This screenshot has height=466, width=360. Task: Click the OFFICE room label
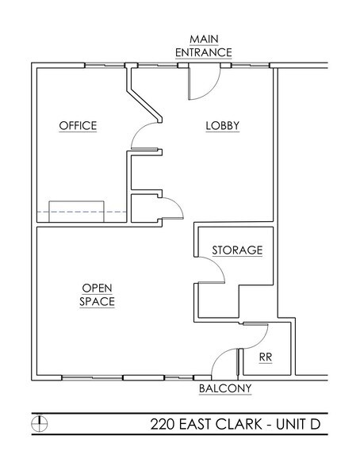(78, 126)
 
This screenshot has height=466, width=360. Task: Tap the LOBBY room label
(223, 126)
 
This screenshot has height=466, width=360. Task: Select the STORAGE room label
(236, 250)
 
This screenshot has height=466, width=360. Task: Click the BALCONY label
(224, 388)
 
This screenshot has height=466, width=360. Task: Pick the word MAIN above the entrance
(205, 39)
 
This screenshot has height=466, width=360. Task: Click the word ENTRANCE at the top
(205, 52)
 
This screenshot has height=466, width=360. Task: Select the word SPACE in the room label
(97, 302)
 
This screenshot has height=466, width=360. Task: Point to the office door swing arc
(145, 136)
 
